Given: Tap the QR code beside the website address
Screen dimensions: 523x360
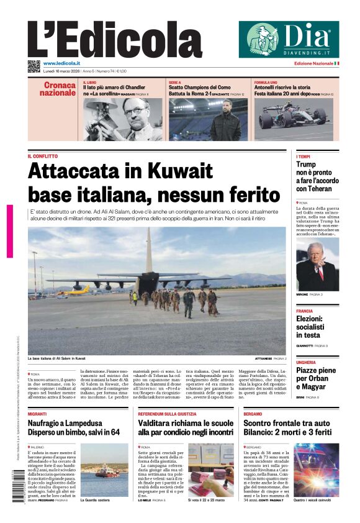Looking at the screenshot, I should [34, 66].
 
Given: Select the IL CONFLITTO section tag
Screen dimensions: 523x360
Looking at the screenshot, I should [43, 156].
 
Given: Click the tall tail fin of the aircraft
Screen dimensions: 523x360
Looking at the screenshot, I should [149, 248].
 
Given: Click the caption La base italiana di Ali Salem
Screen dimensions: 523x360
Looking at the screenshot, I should [56, 358].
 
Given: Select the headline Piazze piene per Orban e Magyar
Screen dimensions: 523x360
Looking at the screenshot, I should [316, 379].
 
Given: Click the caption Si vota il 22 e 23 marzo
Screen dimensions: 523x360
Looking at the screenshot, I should [207, 499].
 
